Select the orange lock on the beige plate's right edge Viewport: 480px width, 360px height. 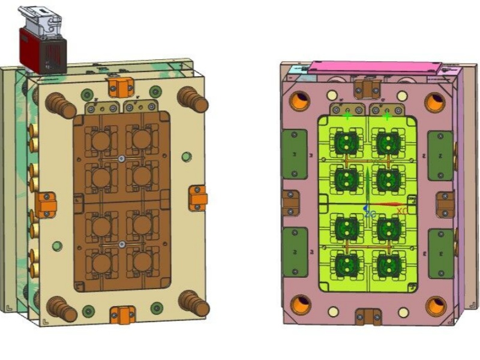click(x=197, y=197)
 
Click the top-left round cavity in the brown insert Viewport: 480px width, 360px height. click(x=100, y=140)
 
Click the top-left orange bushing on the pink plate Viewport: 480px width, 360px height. click(x=299, y=102)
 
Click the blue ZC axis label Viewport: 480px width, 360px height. click(x=370, y=213)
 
